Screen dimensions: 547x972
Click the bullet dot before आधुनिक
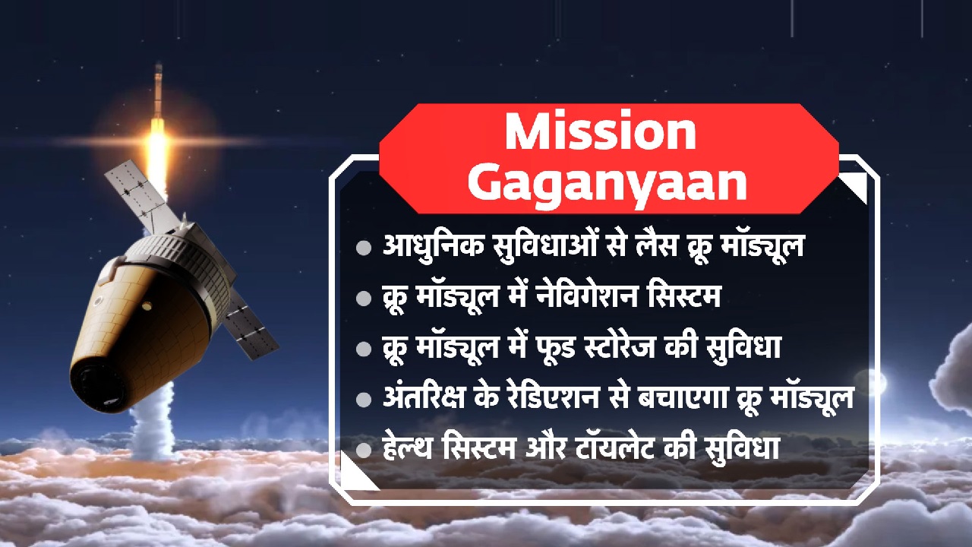tap(364, 248)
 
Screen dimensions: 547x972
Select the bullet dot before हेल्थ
tap(364, 450)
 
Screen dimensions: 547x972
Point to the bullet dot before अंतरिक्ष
tap(364, 400)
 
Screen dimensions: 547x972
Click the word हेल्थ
tap(415, 449)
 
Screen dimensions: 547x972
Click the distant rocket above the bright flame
tap(158, 91)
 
